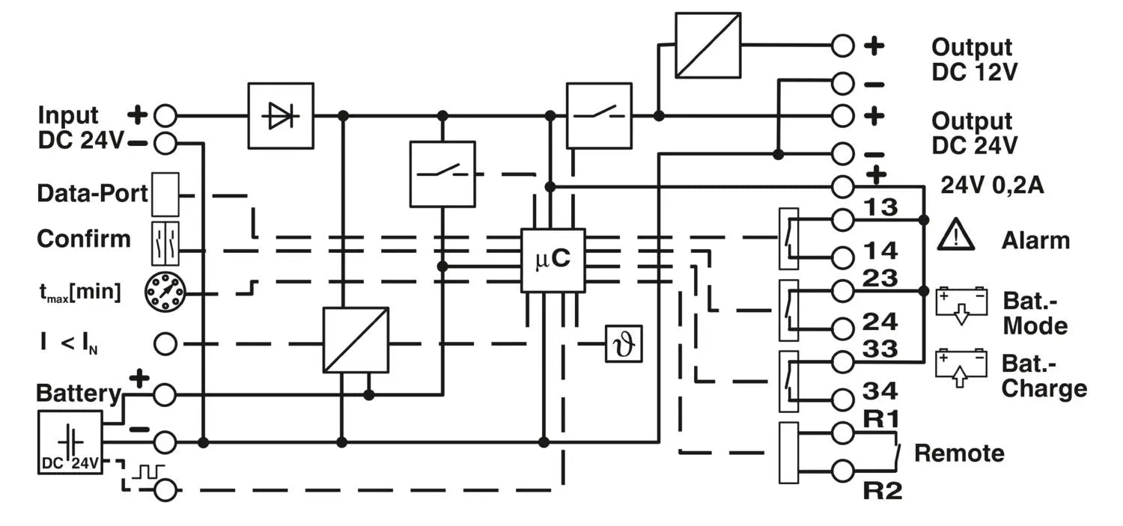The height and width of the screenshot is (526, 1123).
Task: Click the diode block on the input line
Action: (x=281, y=116)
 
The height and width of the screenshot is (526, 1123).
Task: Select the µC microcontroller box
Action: (x=553, y=260)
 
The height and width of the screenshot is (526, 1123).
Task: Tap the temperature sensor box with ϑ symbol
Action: (x=624, y=345)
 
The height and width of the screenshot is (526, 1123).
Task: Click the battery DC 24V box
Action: (x=70, y=441)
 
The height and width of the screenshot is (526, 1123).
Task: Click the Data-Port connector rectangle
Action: (x=165, y=195)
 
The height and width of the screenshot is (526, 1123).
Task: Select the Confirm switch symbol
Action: (x=165, y=243)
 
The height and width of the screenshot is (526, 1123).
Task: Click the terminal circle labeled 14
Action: (x=842, y=257)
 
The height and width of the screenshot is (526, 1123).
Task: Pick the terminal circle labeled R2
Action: (x=842, y=471)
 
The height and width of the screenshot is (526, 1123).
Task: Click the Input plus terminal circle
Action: (x=165, y=116)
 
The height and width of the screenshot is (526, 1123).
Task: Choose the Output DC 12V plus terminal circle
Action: (x=842, y=45)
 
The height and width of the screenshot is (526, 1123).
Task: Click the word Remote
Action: (x=959, y=453)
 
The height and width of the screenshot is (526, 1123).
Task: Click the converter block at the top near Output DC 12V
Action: (x=707, y=45)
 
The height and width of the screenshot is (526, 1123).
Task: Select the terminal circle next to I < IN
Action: (x=165, y=344)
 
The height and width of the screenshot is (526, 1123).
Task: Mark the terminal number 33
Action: (x=880, y=349)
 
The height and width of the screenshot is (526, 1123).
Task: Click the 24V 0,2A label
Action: (x=991, y=186)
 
